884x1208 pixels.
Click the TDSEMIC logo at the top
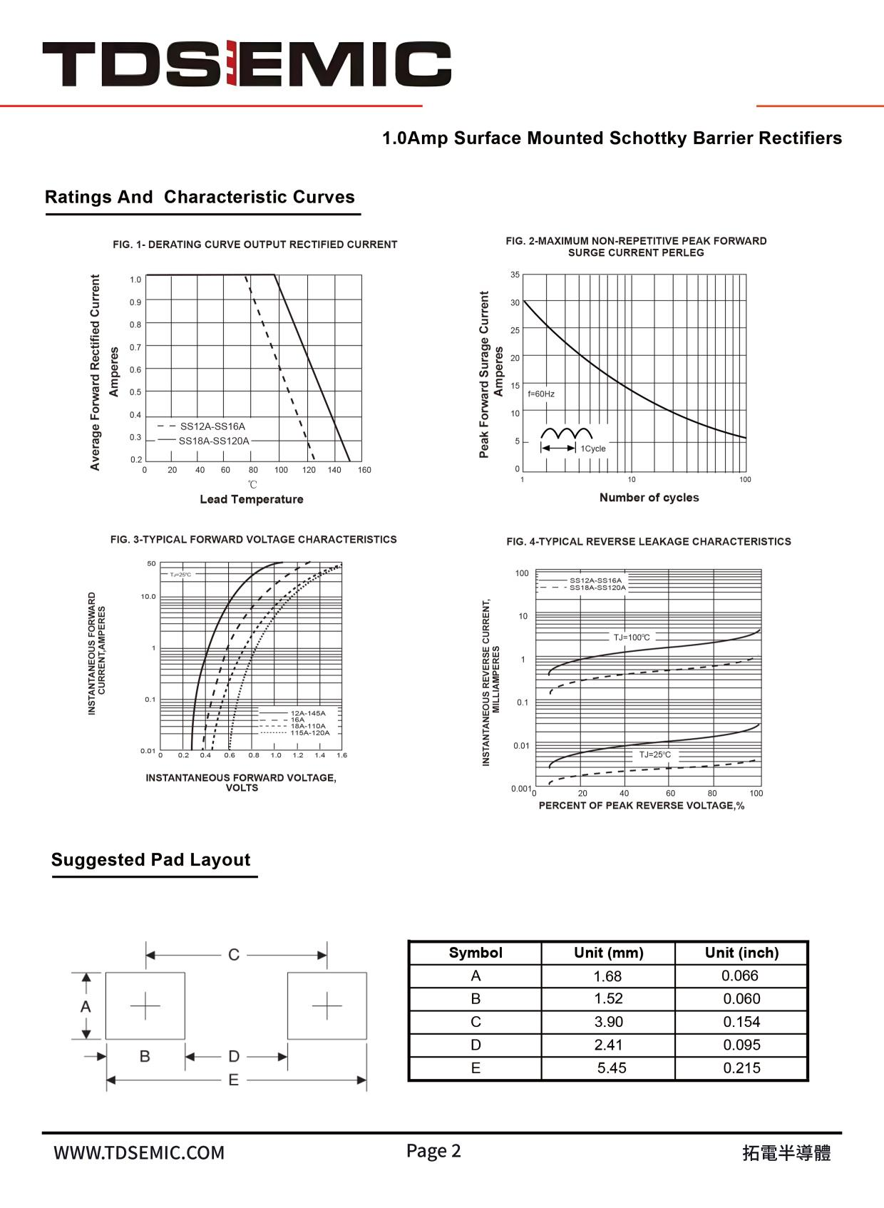[247, 63]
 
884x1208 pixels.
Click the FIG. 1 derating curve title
[255, 245]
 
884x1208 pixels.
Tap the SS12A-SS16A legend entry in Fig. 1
[212, 426]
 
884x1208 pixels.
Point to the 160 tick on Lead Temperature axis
[364, 470]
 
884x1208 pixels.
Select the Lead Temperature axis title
[251, 499]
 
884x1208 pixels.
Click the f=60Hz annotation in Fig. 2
[541, 394]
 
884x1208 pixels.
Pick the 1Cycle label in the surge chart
[593, 449]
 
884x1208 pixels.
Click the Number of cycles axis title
[649, 498]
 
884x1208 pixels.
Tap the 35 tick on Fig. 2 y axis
[515, 275]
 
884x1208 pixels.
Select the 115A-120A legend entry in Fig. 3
[309, 732]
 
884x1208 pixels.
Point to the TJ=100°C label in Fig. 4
[632, 638]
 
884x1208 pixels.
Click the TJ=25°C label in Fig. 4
[654, 754]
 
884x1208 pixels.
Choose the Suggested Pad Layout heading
[150, 860]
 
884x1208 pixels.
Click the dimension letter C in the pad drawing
[234, 955]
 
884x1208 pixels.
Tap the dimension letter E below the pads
[233, 1080]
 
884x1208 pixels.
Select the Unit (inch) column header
[741, 953]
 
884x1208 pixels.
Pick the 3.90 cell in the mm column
[608, 1022]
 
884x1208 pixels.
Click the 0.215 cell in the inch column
[741, 1068]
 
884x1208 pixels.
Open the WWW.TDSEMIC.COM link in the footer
[139, 1153]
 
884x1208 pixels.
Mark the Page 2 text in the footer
[433, 1151]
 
